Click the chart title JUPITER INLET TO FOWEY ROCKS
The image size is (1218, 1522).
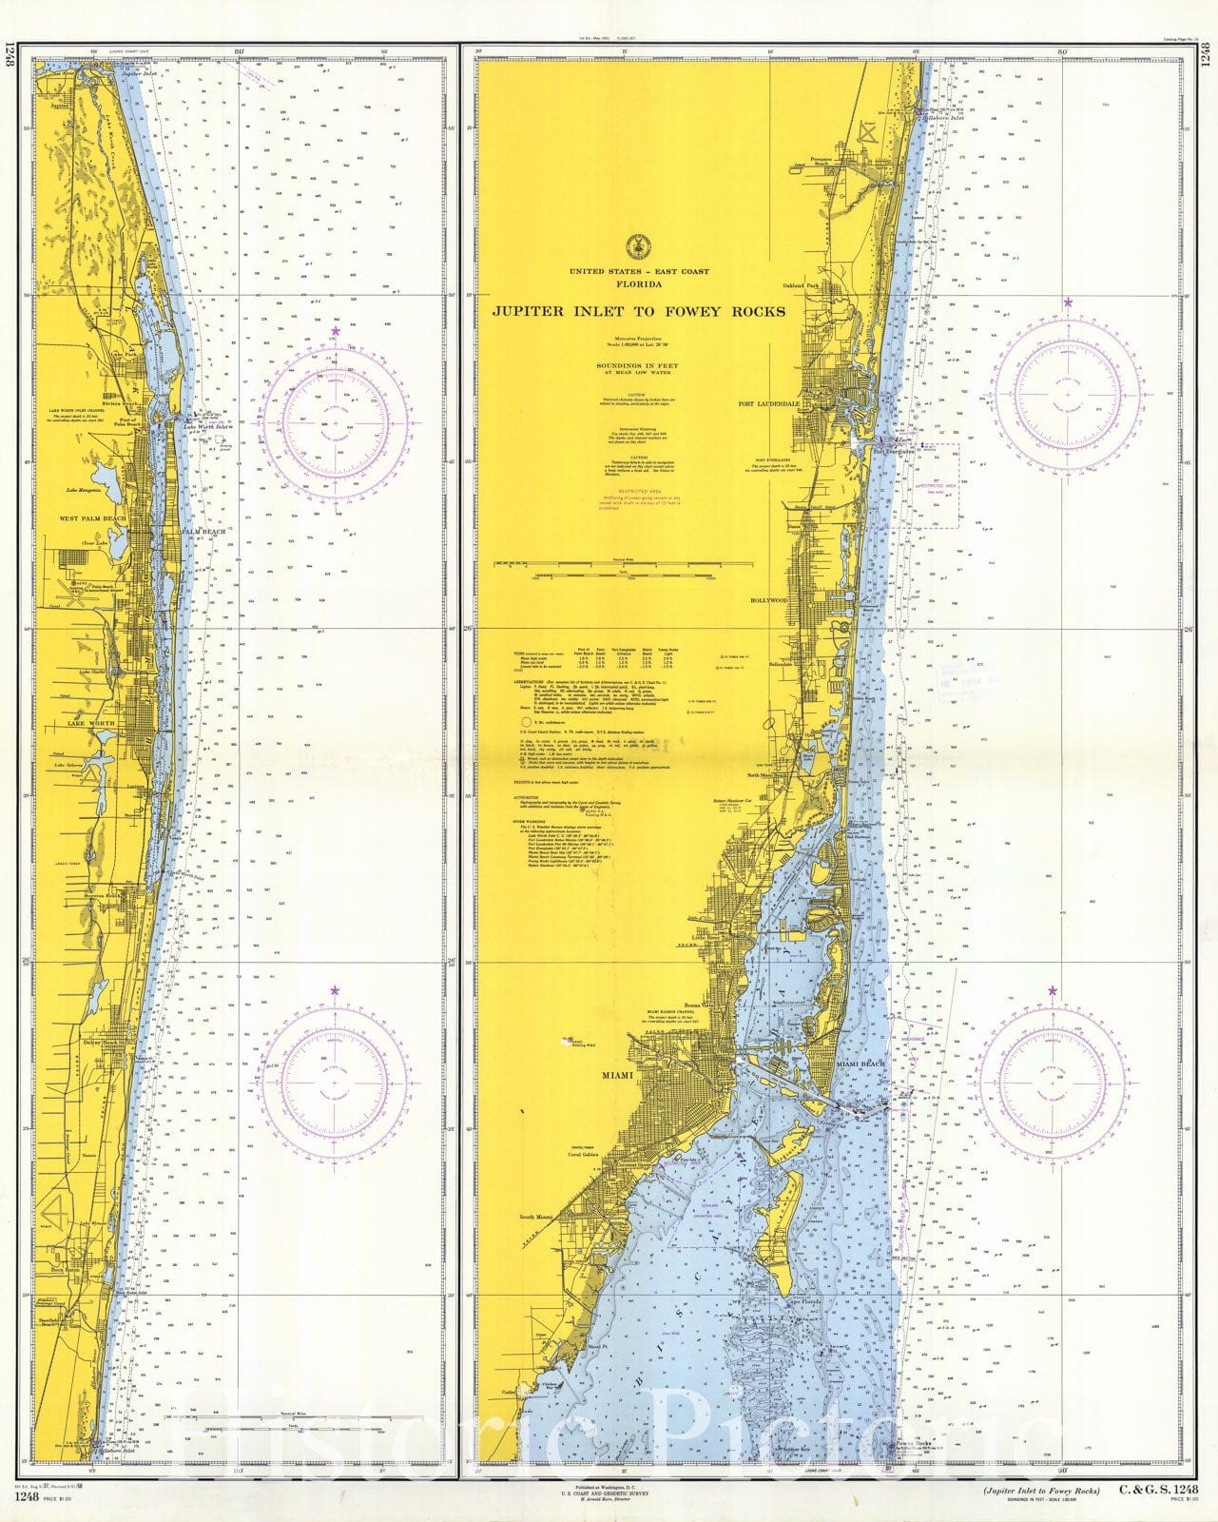point(638,311)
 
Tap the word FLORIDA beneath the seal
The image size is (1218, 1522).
point(638,283)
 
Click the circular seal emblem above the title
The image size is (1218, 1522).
point(638,243)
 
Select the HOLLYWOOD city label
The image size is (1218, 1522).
point(771,601)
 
